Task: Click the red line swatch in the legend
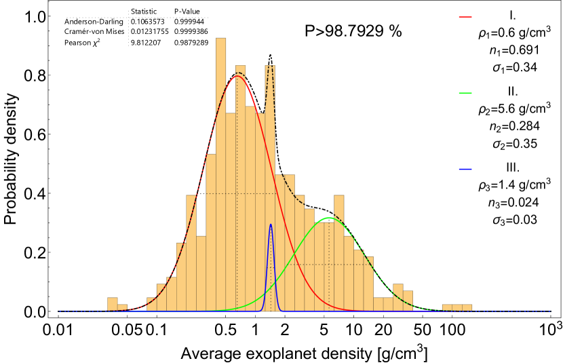click(x=465, y=17)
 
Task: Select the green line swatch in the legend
click(x=465, y=93)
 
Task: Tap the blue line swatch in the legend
click(x=465, y=169)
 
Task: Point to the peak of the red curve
click(x=236, y=76)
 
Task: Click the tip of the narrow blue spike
click(x=271, y=225)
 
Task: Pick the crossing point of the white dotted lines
click(x=128, y=18)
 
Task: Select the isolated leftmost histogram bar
click(x=112, y=304)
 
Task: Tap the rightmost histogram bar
click(x=467, y=307)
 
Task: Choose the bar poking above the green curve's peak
click(x=338, y=204)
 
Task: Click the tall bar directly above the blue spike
click(x=270, y=136)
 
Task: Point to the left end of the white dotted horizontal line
click(x=67, y=18)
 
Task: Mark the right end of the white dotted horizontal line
click(x=208, y=18)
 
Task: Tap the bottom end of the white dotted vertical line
click(x=128, y=46)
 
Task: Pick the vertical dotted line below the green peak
click(x=329, y=285)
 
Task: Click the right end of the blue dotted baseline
click(x=551, y=311)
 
